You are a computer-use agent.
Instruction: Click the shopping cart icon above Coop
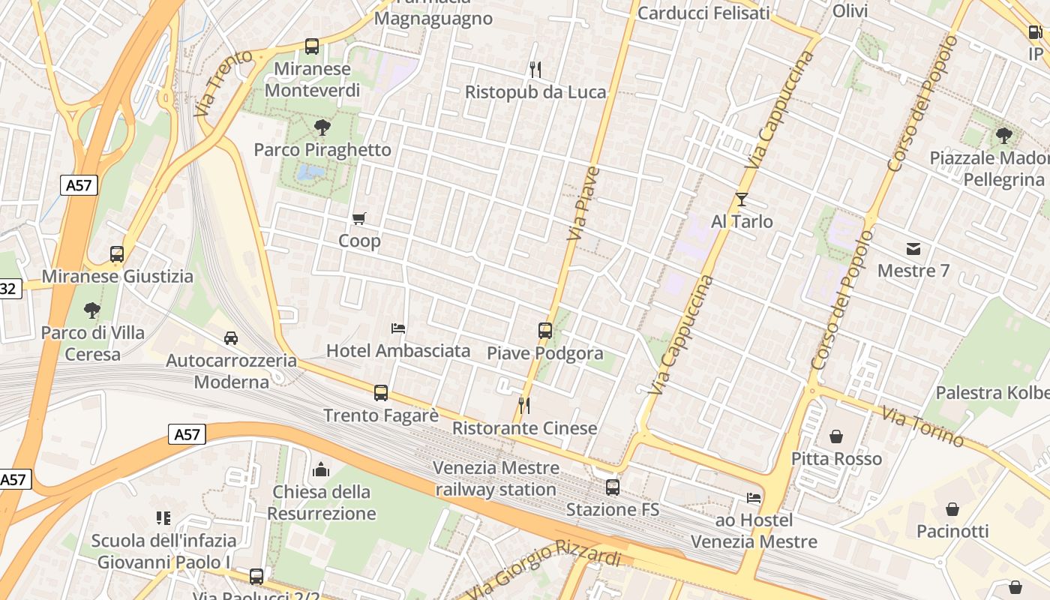359,219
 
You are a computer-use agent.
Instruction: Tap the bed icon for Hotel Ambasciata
398,328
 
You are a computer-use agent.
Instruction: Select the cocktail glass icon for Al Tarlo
742,199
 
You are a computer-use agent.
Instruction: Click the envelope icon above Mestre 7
913,249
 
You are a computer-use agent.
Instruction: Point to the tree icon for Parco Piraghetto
322,127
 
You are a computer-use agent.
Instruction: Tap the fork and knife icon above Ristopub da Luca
535,70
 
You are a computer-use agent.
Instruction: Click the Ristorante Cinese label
524,428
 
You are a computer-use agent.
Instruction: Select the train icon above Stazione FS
613,487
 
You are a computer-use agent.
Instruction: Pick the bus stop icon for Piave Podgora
545,330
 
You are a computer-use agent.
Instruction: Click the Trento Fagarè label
380,415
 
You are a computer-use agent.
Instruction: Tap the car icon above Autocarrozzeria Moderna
231,338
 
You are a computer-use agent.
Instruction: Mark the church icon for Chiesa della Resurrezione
321,470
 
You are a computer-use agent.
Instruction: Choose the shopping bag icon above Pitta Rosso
836,436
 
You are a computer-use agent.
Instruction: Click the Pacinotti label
952,532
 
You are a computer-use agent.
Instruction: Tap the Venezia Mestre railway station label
496,478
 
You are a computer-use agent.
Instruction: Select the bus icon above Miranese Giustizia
117,254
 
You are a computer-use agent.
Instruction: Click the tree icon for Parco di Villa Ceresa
92,310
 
